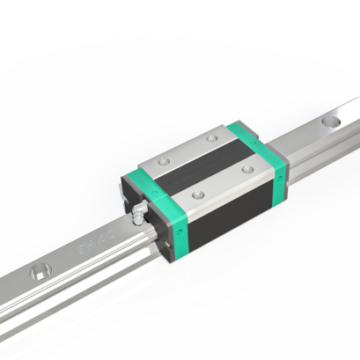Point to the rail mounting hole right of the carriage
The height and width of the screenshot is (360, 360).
coord(335,121)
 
